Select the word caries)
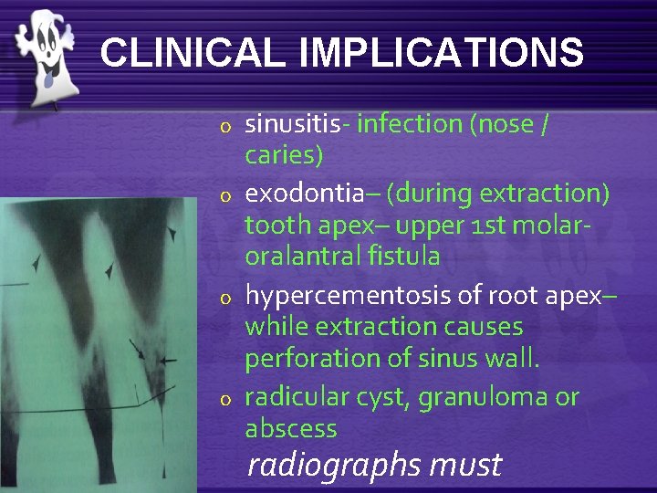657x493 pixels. (x=284, y=156)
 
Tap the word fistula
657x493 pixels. (x=408, y=257)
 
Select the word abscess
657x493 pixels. (x=291, y=428)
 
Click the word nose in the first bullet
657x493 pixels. (x=503, y=123)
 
